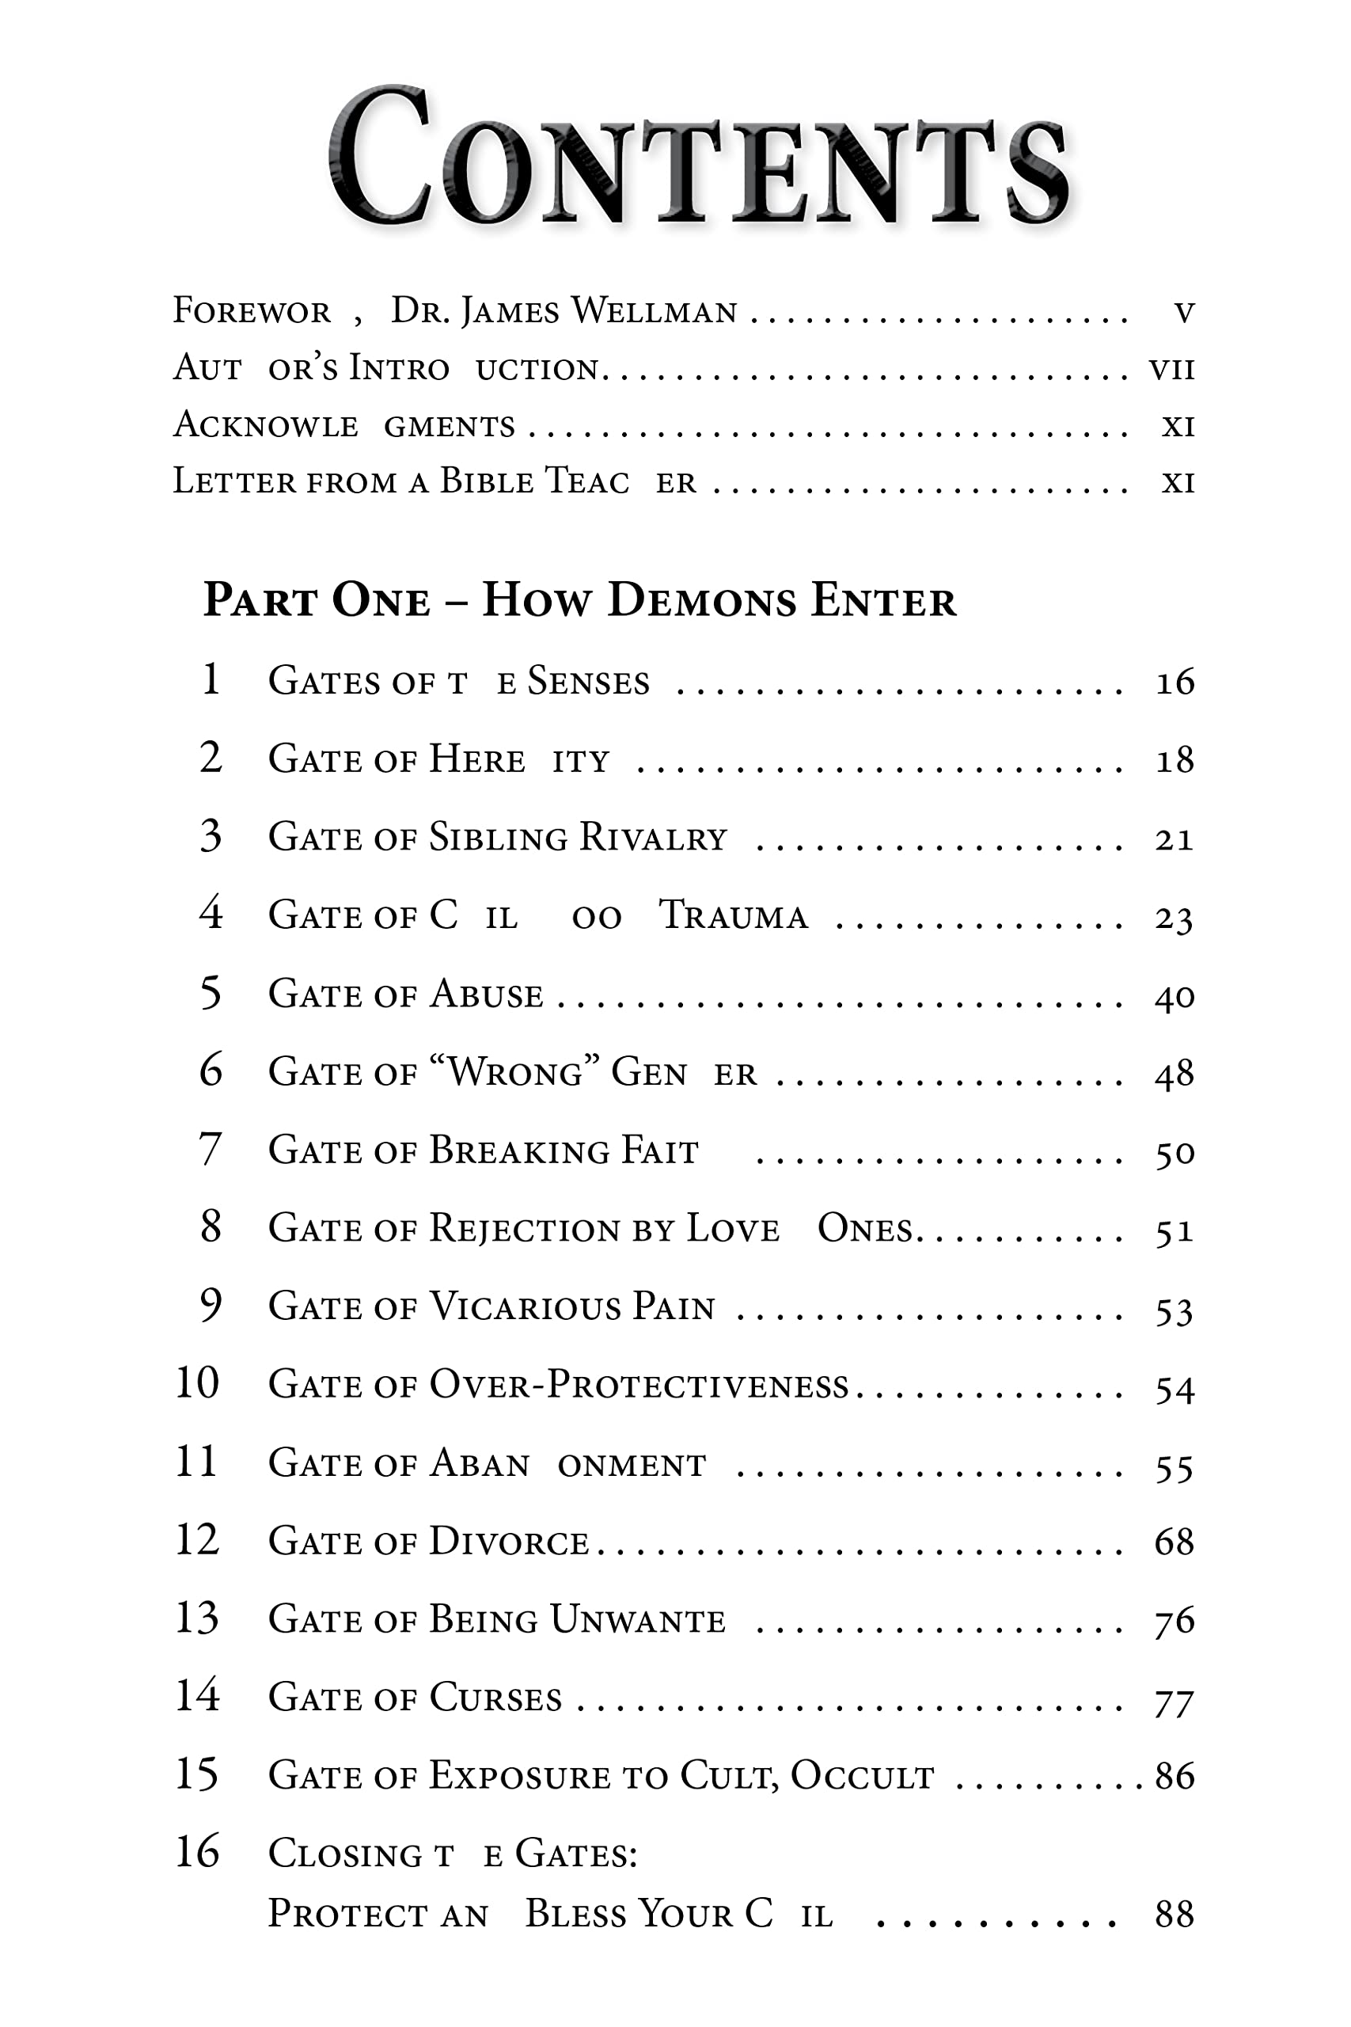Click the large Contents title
(x=698, y=159)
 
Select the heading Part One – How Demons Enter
(x=579, y=600)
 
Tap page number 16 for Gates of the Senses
(x=1175, y=682)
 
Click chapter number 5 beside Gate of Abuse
(x=211, y=993)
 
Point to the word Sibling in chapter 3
(x=497, y=838)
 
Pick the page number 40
(x=1175, y=996)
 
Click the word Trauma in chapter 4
(x=733, y=916)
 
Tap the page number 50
(x=1175, y=1153)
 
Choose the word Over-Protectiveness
(x=639, y=1385)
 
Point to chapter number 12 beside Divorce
(x=197, y=1539)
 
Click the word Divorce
(x=508, y=1542)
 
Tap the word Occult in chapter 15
(x=862, y=1777)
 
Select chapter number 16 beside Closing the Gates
(x=197, y=1851)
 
